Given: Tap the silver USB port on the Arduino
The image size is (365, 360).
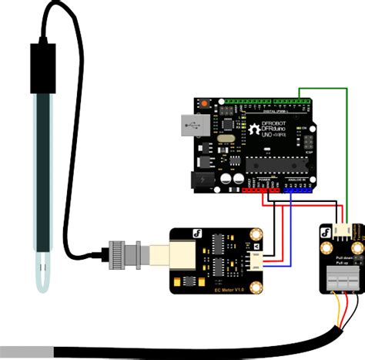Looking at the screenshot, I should coord(190,124).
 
